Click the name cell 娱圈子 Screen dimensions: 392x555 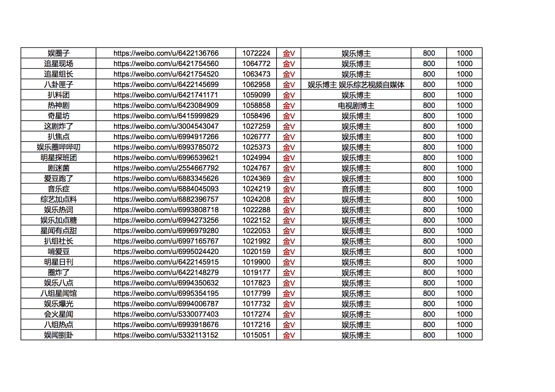[59, 53]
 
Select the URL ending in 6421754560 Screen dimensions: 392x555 [166, 64]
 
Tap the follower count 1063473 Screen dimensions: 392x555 [256, 74]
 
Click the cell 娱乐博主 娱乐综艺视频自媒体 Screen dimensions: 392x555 [356, 84]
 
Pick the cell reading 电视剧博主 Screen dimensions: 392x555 [356, 105]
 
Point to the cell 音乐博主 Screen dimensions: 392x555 [356, 189]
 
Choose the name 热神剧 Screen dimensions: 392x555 [59, 105]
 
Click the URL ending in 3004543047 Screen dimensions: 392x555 [166, 126]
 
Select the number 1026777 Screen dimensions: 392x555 [256, 137]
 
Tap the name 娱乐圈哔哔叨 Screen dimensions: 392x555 [59, 147]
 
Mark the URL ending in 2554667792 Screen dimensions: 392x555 [166, 168]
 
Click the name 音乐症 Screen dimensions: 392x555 [59, 189]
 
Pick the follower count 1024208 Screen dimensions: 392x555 [256, 199]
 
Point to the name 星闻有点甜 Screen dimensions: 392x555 [59, 231]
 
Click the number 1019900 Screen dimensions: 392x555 [256, 262]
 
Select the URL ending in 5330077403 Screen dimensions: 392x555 [166, 314]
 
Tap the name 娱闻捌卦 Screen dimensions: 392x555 [59, 335]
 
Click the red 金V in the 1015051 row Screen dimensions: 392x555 [289, 335]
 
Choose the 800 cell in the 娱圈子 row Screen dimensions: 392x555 [429, 53]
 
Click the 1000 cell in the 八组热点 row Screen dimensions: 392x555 [465, 325]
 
